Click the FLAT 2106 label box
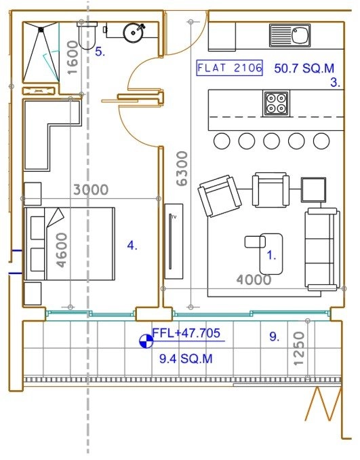tap(230, 68)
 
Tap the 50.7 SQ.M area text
tap(304, 69)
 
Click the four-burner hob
tap(276, 104)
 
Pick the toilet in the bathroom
tap(87, 35)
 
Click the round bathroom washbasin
tap(134, 33)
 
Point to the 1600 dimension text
tap(73, 58)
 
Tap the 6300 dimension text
tap(182, 169)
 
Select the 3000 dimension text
tap(91, 190)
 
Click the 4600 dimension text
tap(62, 250)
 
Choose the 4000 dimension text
tap(254, 280)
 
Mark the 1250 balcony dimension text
tap(299, 349)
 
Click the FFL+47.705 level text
tap(186, 333)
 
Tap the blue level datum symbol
tap(146, 341)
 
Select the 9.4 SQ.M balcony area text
tap(186, 359)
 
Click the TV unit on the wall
tap(174, 241)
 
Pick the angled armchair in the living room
tap(220, 196)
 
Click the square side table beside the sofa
tap(314, 190)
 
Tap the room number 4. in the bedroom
tap(132, 246)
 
